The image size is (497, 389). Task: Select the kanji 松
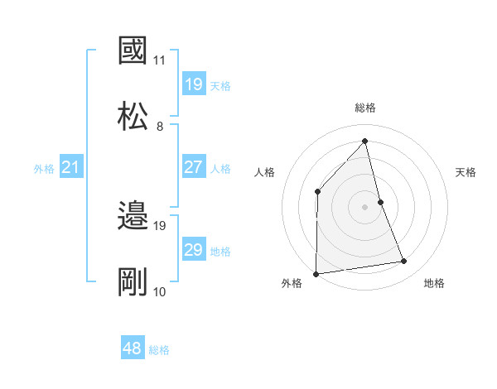click(133, 114)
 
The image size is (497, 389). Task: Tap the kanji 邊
click(133, 216)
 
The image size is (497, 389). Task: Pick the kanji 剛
click(133, 281)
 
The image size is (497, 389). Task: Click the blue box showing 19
click(194, 84)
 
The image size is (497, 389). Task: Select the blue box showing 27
click(194, 167)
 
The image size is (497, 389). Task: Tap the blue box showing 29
click(194, 250)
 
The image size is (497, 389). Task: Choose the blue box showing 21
click(72, 167)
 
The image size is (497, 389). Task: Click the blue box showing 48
click(133, 348)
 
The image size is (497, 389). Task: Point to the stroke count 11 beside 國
click(160, 60)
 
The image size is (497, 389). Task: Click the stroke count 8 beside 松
click(160, 126)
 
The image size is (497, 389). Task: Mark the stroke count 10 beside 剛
click(160, 291)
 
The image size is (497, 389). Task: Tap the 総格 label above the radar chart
click(365, 108)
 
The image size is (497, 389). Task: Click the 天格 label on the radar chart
click(466, 172)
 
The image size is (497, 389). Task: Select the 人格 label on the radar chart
click(265, 172)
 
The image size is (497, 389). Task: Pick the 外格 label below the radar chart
click(292, 283)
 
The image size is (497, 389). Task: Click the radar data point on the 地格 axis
click(404, 262)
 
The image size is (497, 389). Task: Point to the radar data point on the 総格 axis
click(365, 141)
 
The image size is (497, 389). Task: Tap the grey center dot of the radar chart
click(365, 207)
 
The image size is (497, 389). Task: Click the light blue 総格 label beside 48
click(159, 350)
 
